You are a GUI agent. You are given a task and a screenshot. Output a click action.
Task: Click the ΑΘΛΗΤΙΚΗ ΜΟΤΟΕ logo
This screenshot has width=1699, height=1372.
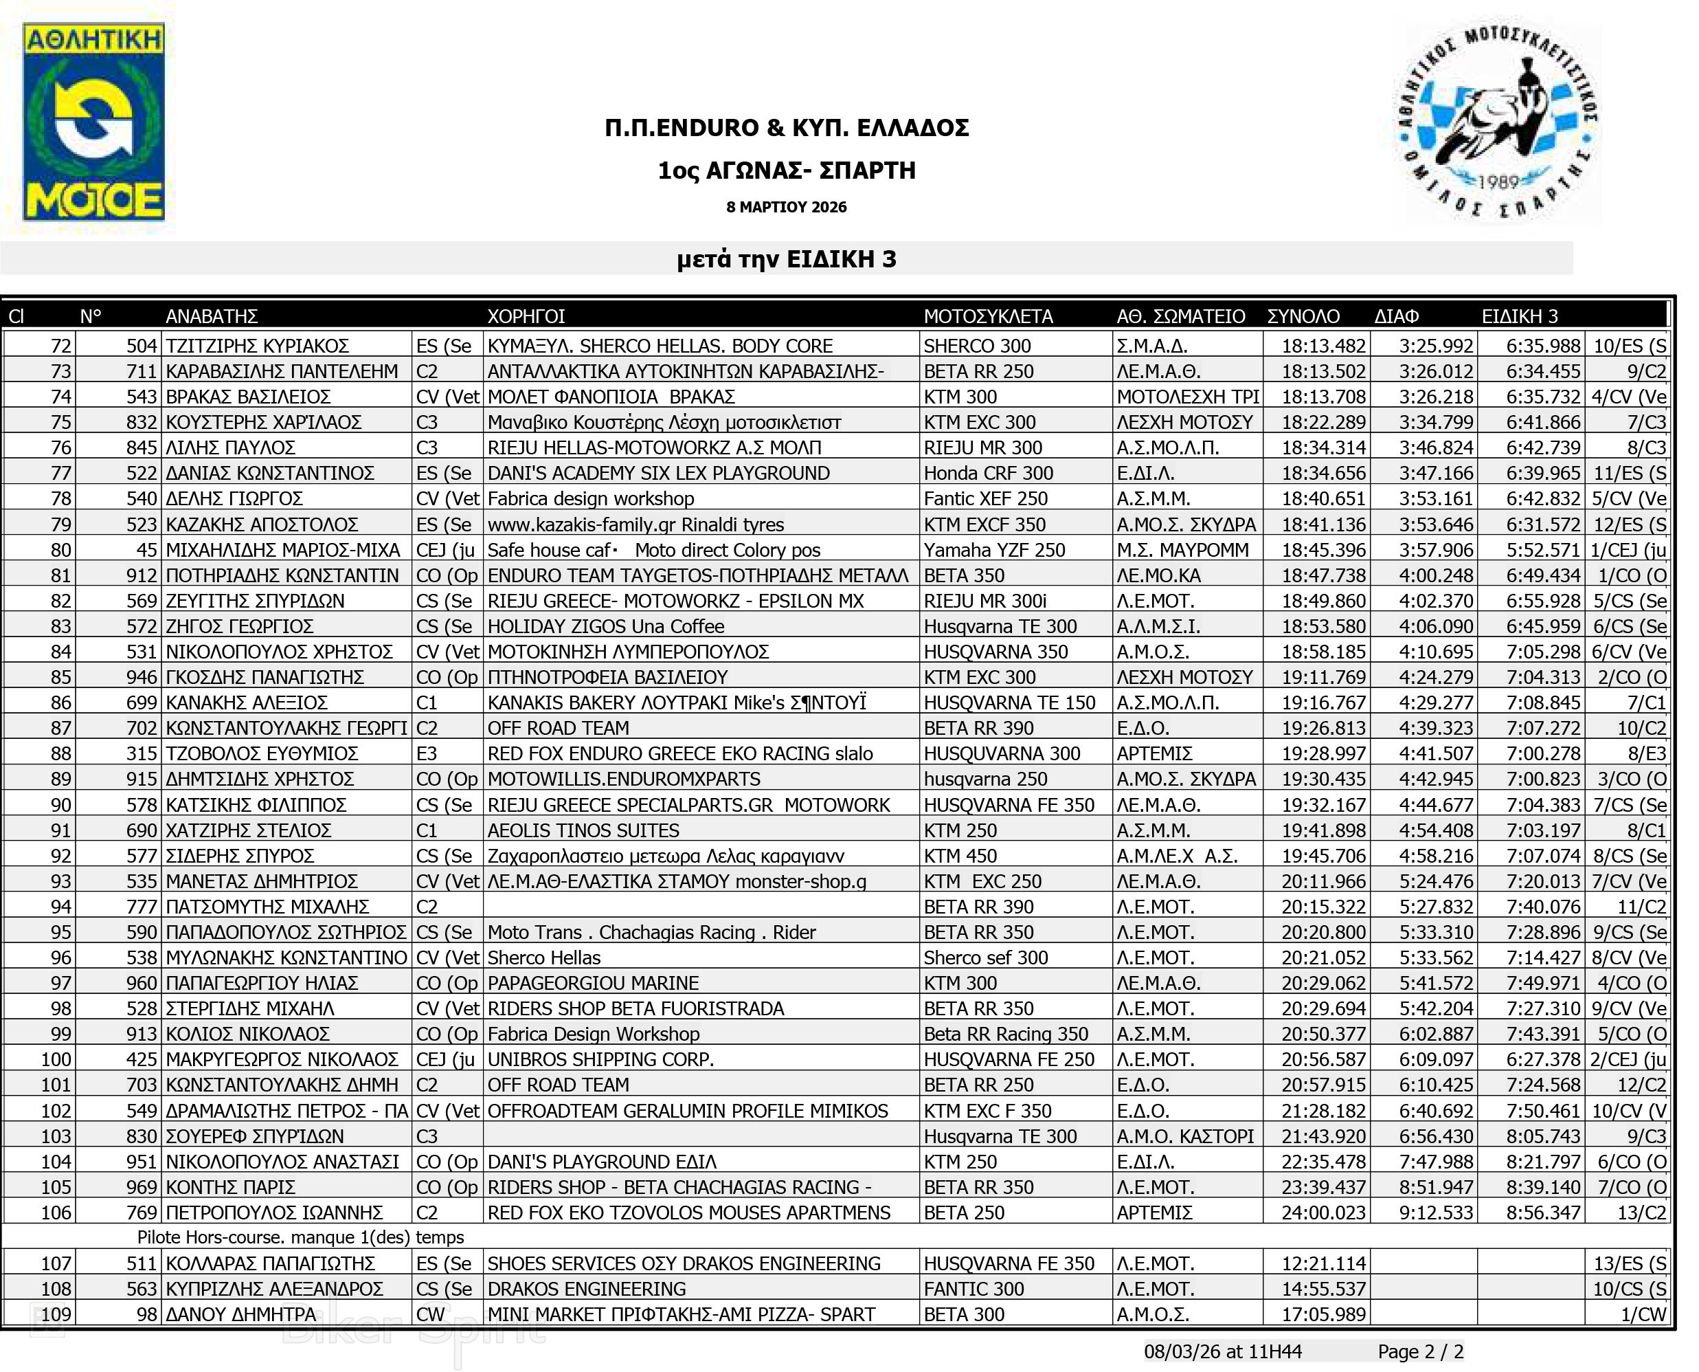(93, 122)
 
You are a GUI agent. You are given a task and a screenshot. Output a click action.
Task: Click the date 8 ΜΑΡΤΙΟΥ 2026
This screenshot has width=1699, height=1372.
(786, 207)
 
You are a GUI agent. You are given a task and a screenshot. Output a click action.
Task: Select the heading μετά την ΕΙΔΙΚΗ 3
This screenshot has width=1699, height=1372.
(786, 259)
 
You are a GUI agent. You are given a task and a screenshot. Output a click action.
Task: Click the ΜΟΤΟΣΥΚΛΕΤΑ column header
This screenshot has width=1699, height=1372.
(988, 317)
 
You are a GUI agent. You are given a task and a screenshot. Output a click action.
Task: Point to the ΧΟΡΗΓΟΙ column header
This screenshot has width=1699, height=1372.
(526, 317)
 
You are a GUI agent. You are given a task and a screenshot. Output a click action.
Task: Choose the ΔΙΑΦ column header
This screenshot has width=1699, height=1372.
(1396, 317)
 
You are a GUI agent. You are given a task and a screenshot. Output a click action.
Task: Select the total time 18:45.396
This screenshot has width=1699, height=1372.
(1323, 550)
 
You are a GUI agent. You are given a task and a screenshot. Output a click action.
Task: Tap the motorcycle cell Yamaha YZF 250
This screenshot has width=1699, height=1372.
(994, 550)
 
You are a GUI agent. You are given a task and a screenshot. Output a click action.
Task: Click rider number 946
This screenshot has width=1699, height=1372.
(142, 677)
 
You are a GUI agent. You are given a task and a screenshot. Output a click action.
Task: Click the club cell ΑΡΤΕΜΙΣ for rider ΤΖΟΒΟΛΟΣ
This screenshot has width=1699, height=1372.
(1154, 754)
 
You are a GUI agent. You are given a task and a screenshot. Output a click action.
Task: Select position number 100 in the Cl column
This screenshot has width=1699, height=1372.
(56, 1060)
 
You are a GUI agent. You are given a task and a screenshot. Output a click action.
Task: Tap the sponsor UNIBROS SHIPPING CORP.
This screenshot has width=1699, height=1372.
(600, 1060)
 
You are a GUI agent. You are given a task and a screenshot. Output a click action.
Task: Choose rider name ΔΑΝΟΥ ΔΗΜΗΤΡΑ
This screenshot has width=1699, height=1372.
(241, 1314)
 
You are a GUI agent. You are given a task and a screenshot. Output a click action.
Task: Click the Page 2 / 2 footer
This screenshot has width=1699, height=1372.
(1420, 1352)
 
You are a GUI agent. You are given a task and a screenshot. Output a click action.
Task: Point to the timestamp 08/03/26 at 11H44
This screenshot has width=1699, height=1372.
(1223, 1352)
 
